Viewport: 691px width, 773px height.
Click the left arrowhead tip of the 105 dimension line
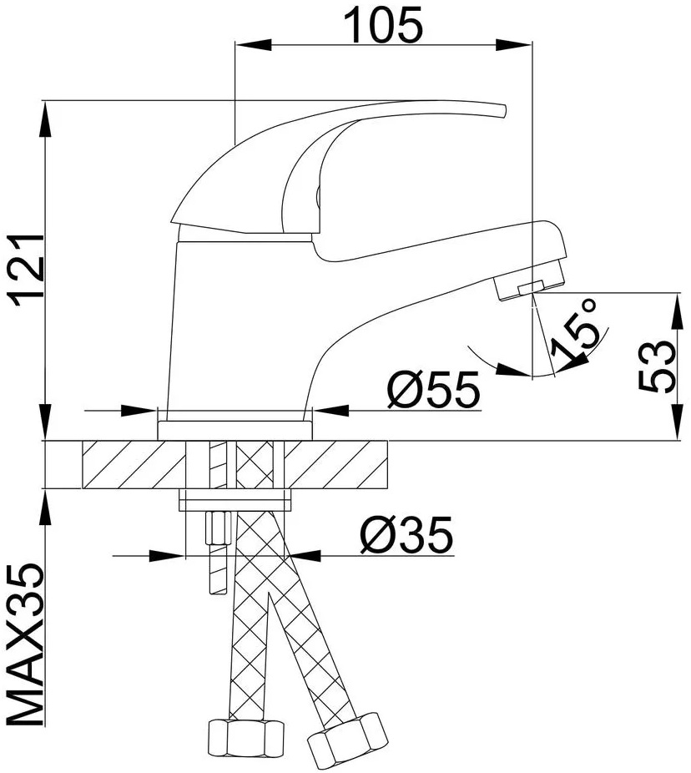coord(235,45)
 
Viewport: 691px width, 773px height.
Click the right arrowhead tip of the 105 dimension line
coord(532,45)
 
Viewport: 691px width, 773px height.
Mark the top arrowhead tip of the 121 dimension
coord(45,102)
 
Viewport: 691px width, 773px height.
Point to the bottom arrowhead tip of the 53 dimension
coord(678,439)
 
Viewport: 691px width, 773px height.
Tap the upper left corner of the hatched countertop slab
coord(83,441)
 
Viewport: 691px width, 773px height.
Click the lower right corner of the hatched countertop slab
coord(388,488)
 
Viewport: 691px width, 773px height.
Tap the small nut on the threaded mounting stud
coord(217,528)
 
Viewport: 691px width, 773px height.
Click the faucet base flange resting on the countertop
coord(235,430)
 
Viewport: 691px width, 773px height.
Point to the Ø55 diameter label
coord(433,390)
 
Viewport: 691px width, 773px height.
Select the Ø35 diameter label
coord(406,535)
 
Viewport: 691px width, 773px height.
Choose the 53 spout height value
coord(656,366)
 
